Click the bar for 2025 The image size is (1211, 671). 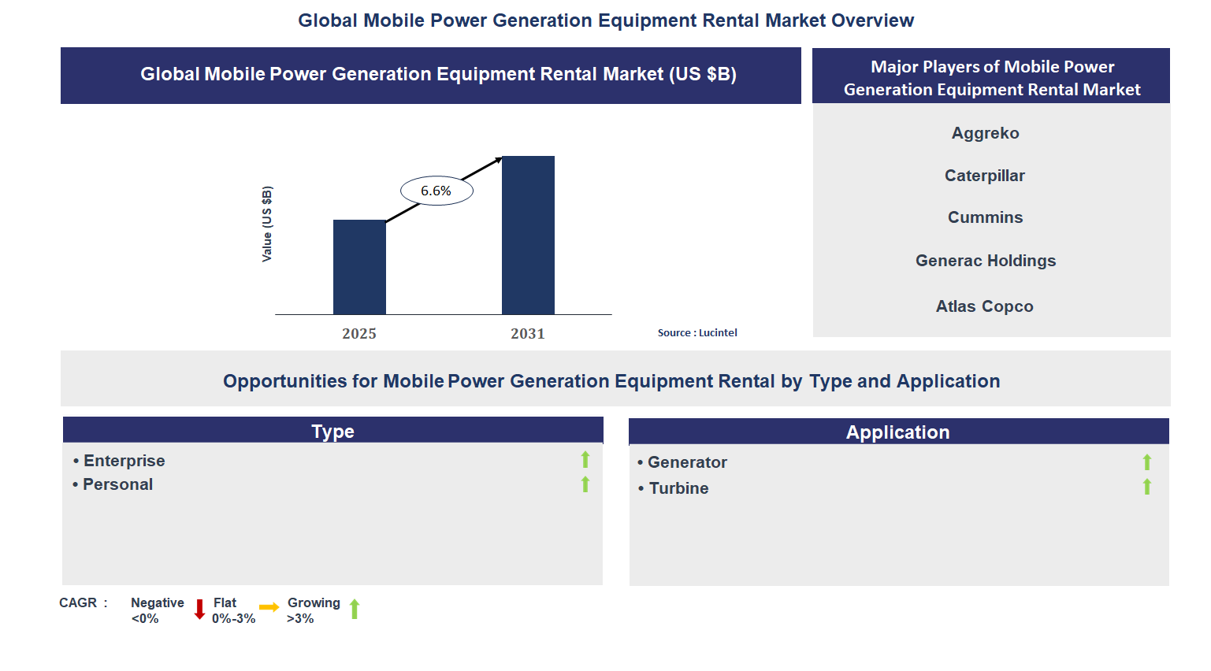tap(359, 267)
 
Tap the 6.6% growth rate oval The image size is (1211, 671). tap(436, 191)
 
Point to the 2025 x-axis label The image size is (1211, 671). tap(359, 334)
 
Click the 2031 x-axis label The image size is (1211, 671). tap(528, 334)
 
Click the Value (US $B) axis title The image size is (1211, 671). tap(267, 224)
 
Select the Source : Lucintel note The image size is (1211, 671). tap(697, 333)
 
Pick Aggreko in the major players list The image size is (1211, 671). tap(985, 133)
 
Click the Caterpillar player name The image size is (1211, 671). tap(985, 176)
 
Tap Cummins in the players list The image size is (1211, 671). tap(985, 217)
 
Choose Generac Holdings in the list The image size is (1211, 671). tap(985, 261)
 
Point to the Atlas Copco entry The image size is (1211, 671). tap(985, 306)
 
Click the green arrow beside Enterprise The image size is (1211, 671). tap(585, 459)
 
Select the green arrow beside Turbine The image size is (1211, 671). tap(1147, 487)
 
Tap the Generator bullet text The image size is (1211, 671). tap(686, 462)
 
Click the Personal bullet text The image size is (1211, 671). tap(117, 484)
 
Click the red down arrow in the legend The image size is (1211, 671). tap(199, 609)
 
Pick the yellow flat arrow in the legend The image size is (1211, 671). tap(269, 607)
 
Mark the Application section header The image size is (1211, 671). tap(898, 432)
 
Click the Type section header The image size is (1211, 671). tap(332, 431)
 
